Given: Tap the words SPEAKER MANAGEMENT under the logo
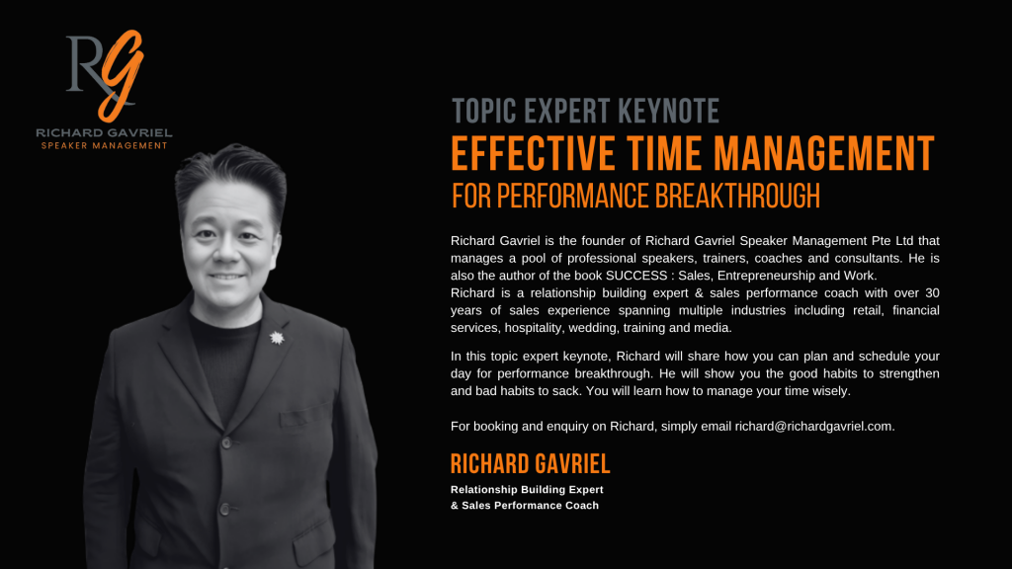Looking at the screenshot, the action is (105, 146).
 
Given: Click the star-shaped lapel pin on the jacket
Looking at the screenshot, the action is (277, 338).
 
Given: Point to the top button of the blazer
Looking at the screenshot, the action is (226, 443).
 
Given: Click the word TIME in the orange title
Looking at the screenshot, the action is (663, 153).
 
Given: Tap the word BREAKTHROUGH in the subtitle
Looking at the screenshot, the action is (737, 197).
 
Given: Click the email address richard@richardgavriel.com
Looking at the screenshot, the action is (813, 427).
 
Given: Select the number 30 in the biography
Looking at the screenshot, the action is (931, 292).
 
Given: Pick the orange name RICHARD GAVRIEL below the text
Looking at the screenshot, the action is (530, 464).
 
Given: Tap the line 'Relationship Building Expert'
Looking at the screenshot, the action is (527, 490).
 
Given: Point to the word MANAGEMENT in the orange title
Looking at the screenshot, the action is (824, 153).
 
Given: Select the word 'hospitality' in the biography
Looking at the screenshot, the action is (533, 328).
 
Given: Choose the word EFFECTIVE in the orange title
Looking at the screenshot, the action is (533, 153).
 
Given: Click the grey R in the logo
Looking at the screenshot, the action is (84, 63).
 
